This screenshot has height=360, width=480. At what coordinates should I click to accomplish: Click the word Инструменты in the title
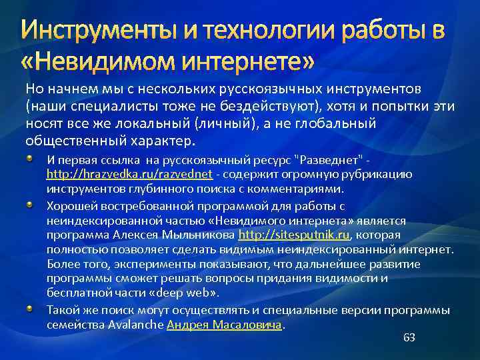point(93,31)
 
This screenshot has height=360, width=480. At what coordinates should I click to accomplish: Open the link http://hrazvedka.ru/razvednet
point(129,174)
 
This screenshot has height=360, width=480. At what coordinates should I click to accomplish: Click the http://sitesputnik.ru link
point(294,235)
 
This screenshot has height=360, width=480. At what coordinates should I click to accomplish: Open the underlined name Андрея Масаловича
point(224,325)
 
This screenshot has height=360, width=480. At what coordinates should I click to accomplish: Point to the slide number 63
point(409,338)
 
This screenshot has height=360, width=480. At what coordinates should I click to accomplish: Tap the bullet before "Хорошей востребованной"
point(31,204)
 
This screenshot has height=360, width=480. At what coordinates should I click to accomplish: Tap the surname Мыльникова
point(200,235)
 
